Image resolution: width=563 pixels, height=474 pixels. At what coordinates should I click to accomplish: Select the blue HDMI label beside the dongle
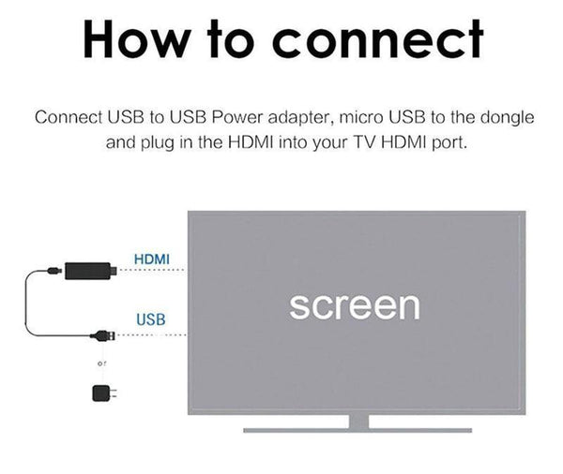coord(152,258)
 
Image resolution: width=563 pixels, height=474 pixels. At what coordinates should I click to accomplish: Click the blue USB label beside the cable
coord(151,319)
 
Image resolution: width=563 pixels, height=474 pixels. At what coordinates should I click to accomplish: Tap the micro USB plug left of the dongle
coord(55,273)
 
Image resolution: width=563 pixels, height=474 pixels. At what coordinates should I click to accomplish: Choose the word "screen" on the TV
coord(354,305)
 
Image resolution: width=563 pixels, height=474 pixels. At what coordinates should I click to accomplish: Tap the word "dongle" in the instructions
coord(506,119)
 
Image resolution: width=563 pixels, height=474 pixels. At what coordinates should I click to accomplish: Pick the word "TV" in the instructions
coord(359,145)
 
